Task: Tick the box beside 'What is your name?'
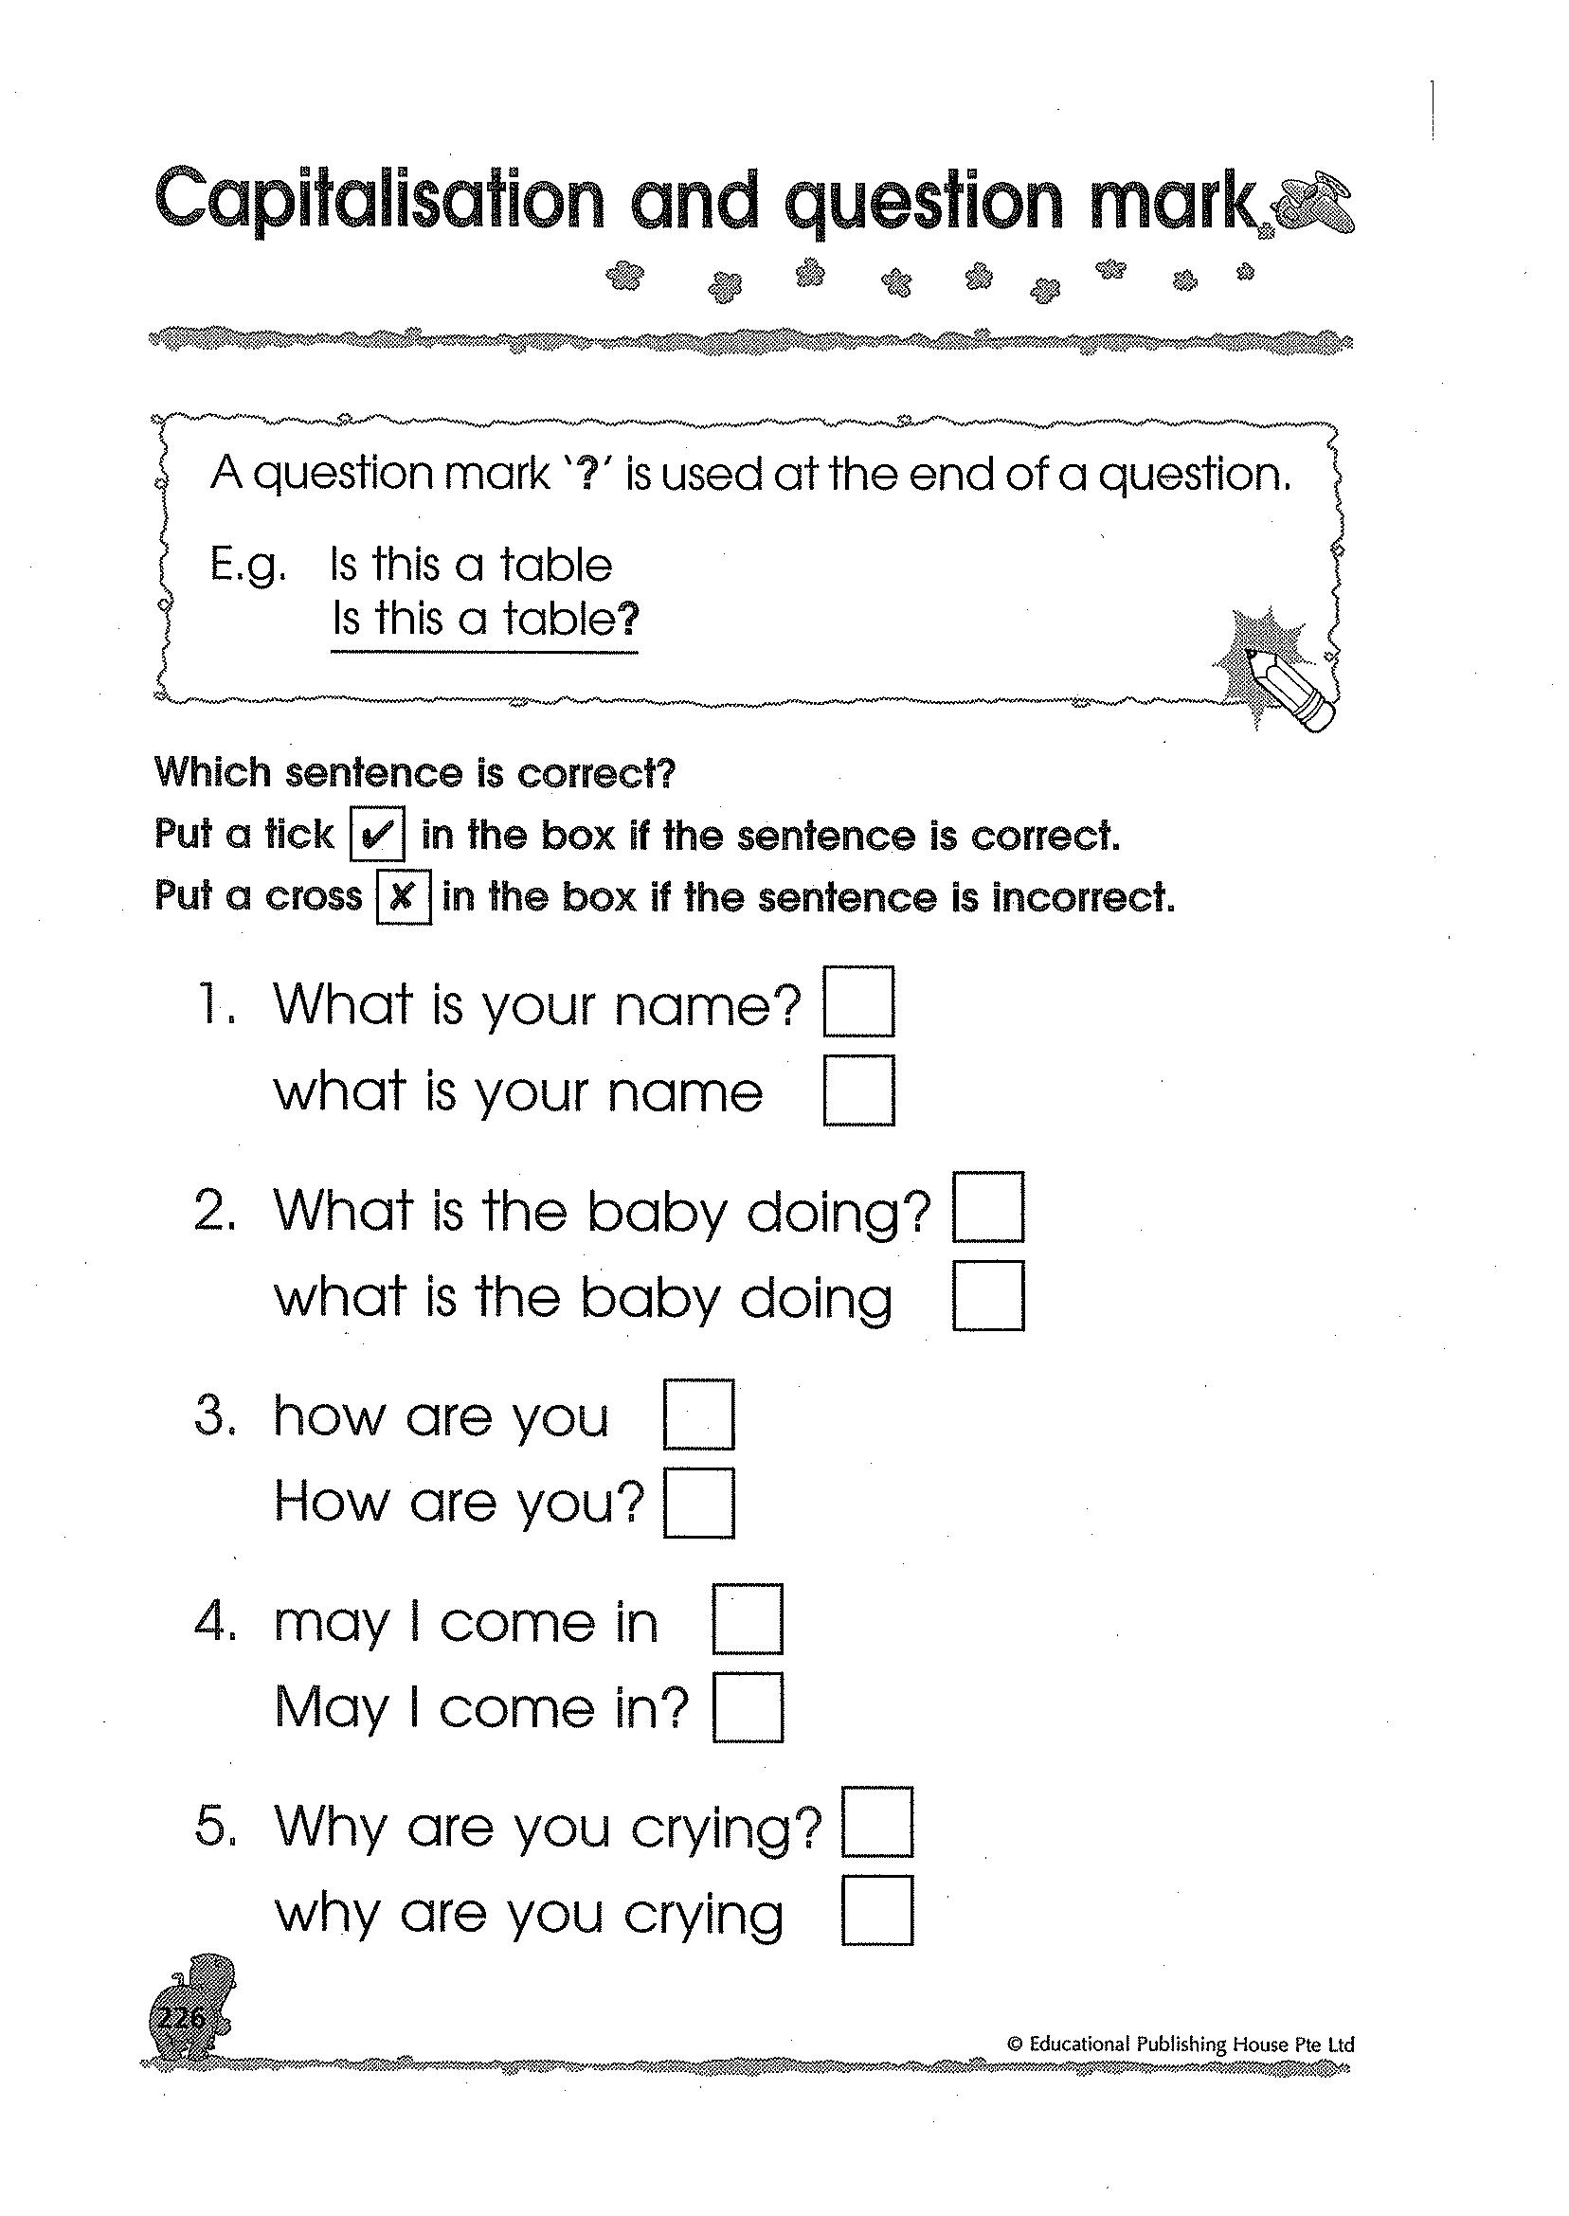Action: [x=857, y=1001]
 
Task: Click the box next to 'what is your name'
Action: [x=857, y=1090]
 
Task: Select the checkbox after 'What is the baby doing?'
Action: [x=987, y=1207]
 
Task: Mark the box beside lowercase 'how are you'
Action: [x=698, y=1414]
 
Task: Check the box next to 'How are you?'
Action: [x=698, y=1504]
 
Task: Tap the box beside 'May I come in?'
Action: [x=747, y=1708]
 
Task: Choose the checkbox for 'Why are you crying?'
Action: [x=876, y=1822]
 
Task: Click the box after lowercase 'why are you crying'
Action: [x=876, y=1911]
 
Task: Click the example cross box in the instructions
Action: [x=403, y=897]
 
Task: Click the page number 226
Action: [x=181, y=2017]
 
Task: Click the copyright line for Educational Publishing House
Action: [x=1180, y=2045]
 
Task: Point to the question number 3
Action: [x=214, y=1416]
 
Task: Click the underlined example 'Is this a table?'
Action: [x=485, y=621]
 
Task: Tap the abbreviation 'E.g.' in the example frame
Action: [x=248, y=566]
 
